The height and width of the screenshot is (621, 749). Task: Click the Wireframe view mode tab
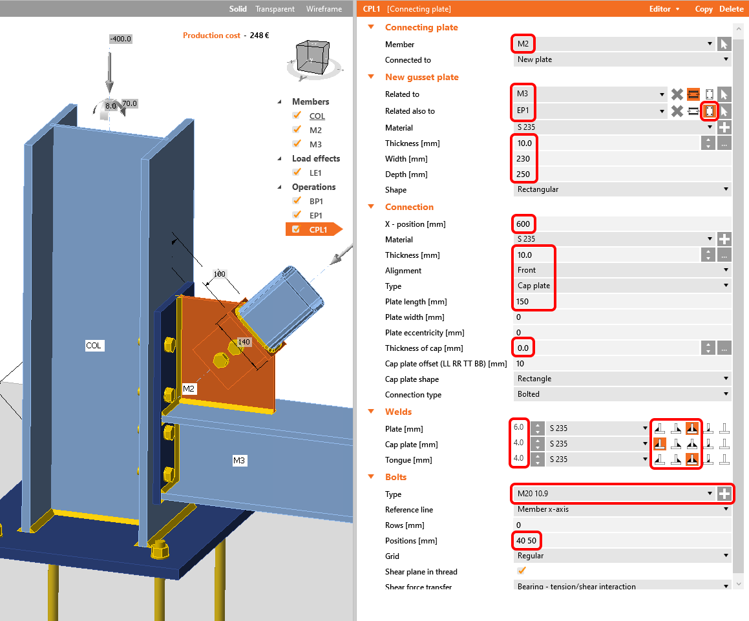tap(324, 9)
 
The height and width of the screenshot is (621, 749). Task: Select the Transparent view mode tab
tap(275, 9)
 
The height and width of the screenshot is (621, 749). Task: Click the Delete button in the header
tap(731, 9)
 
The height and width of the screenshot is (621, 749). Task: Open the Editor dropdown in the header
tap(664, 9)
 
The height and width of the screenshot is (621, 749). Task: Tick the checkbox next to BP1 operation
tap(297, 201)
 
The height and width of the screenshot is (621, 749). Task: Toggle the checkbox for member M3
tap(297, 144)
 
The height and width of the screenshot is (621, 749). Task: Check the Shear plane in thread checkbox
tap(522, 571)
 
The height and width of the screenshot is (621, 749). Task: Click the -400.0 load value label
tap(120, 39)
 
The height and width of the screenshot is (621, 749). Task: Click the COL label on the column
tap(94, 346)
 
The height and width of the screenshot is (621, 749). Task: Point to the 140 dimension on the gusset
tap(244, 341)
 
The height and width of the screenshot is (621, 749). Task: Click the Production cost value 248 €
tap(259, 36)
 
